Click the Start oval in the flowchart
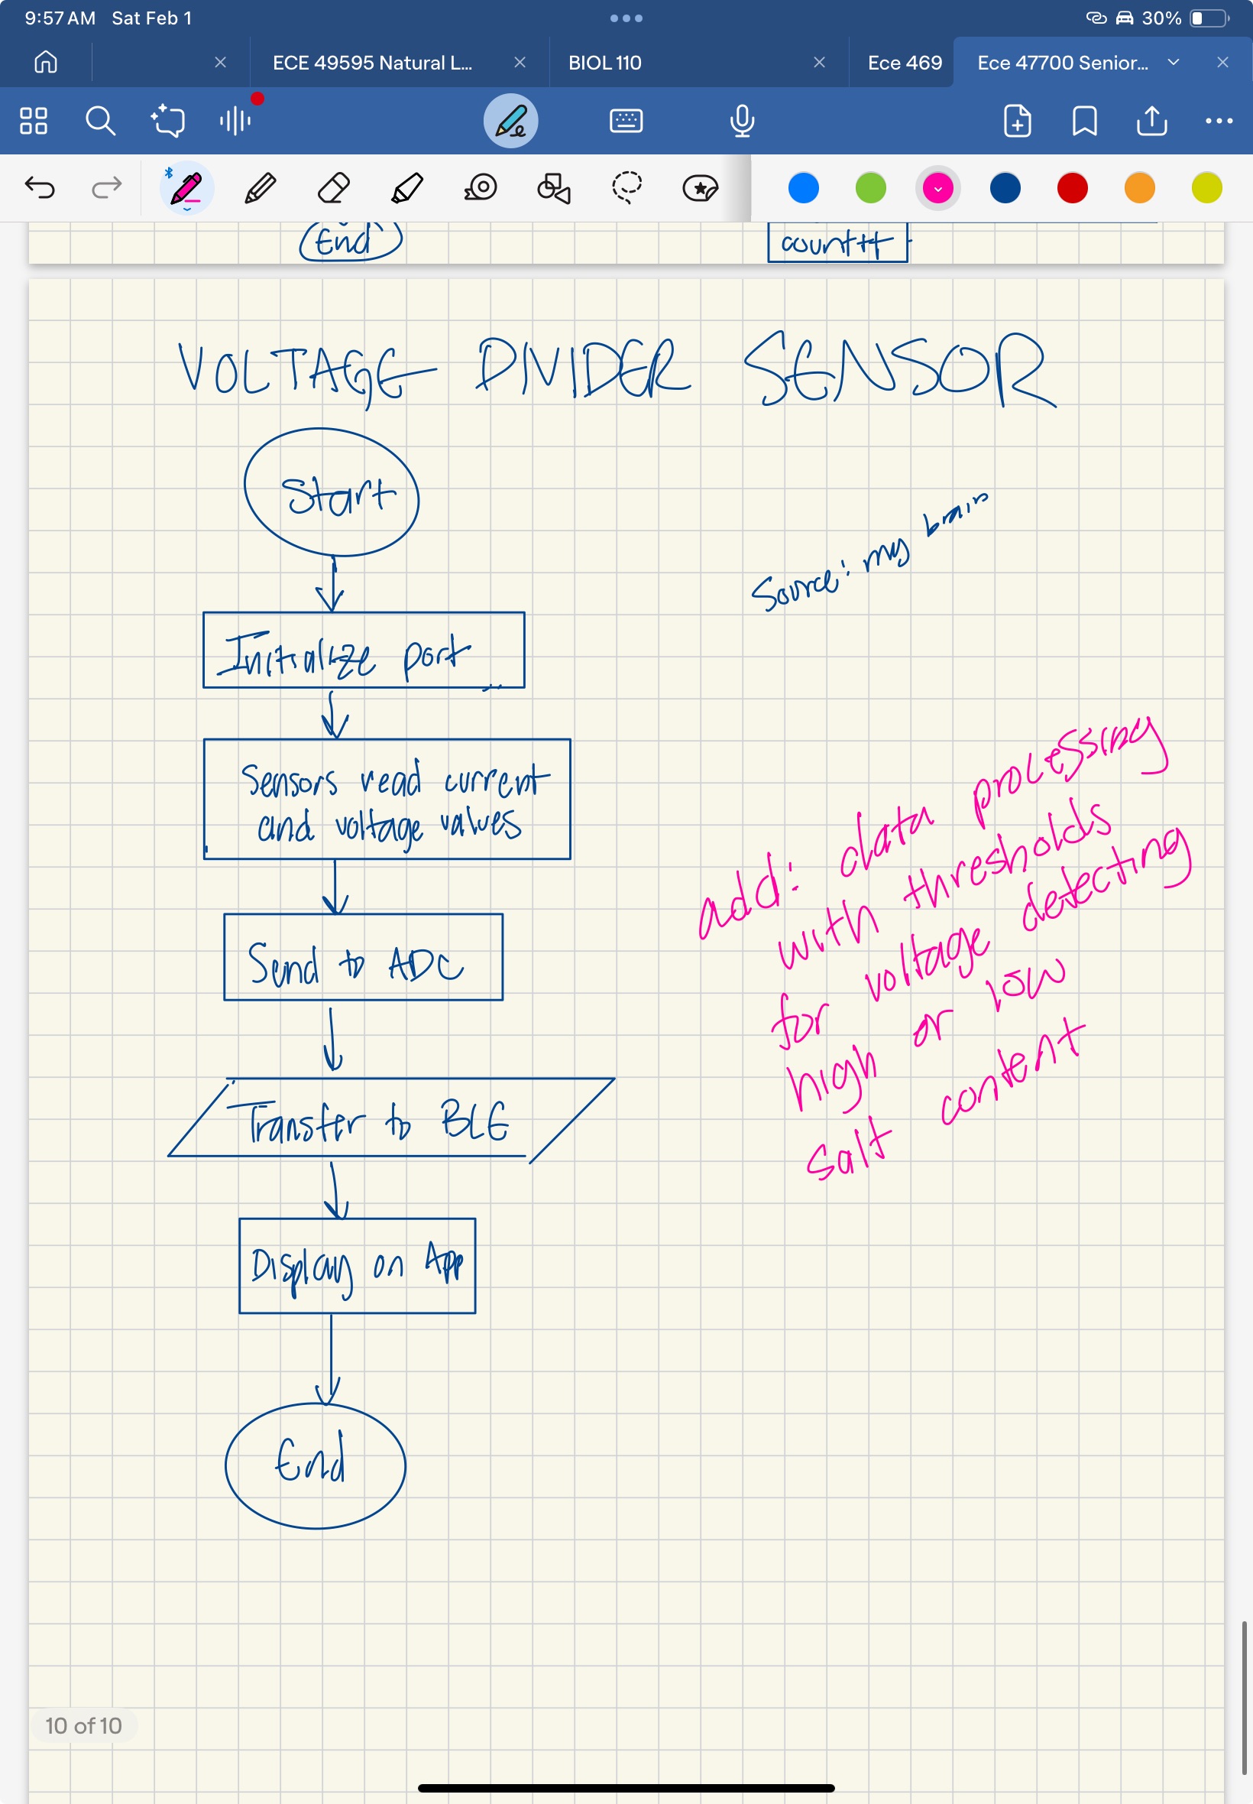click(332, 493)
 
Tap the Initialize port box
click(364, 651)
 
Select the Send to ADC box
click(363, 957)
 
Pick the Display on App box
click(358, 1265)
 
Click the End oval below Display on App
click(315, 1465)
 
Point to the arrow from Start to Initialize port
click(332, 584)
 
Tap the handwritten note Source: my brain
click(867, 553)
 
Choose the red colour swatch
click(1073, 189)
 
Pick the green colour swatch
click(871, 189)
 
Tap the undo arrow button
click(40, 189)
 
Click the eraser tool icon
click(334, 189)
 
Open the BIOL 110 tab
click(604, 63)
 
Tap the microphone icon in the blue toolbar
click(742, 121)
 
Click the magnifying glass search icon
click(101, 121)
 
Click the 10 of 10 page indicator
click(83, 1725)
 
